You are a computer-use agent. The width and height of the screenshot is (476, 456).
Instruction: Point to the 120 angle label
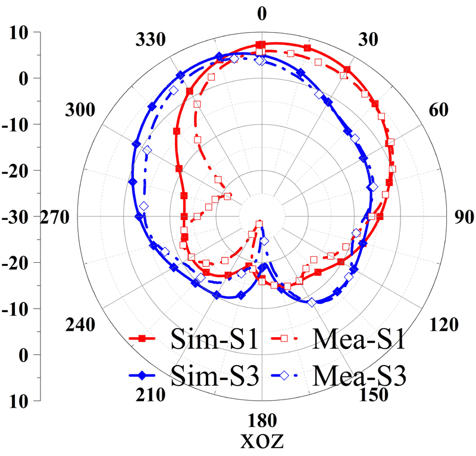coord(441,325)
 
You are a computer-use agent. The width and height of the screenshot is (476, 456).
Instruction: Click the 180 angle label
coord(261,422)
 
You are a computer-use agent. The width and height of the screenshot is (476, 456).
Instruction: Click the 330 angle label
coord(151,40)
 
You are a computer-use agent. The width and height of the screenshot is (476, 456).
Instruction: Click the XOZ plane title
coord(261,442)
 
